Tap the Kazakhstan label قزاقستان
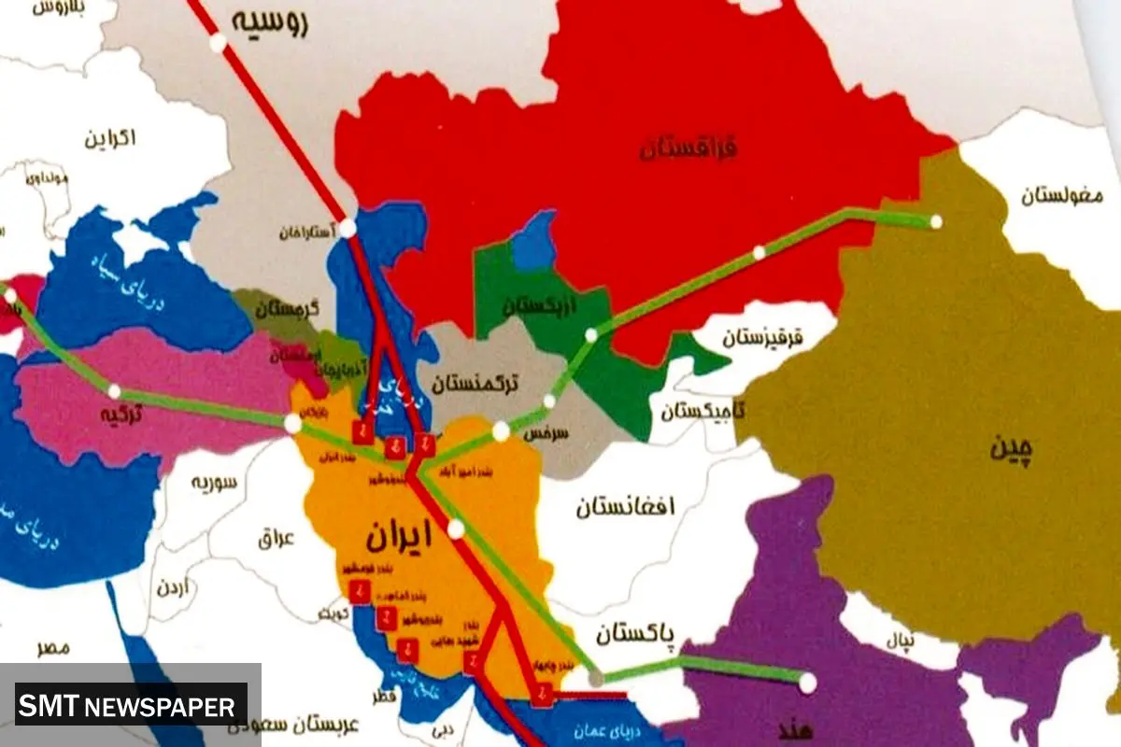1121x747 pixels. [x=689, y=148]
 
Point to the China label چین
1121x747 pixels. [x=1013, y=449]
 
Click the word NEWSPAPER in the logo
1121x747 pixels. [x=160, y=706]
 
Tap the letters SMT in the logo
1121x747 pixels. [x=50, y=706]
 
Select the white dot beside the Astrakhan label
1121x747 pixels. [x=347, y=228]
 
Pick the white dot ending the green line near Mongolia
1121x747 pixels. [x=936, y=222]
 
